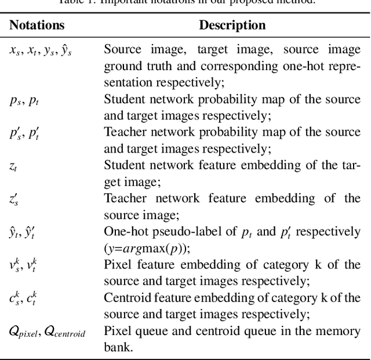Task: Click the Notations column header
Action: [37, 26]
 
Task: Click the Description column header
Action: [232, 26]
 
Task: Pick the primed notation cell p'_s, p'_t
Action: [24, 133]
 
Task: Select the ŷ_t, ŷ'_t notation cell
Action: [24, 232]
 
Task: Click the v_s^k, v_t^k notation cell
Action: [24, 266]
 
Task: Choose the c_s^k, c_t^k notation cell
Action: [24, 299]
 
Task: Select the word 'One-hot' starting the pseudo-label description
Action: [124, 232]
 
